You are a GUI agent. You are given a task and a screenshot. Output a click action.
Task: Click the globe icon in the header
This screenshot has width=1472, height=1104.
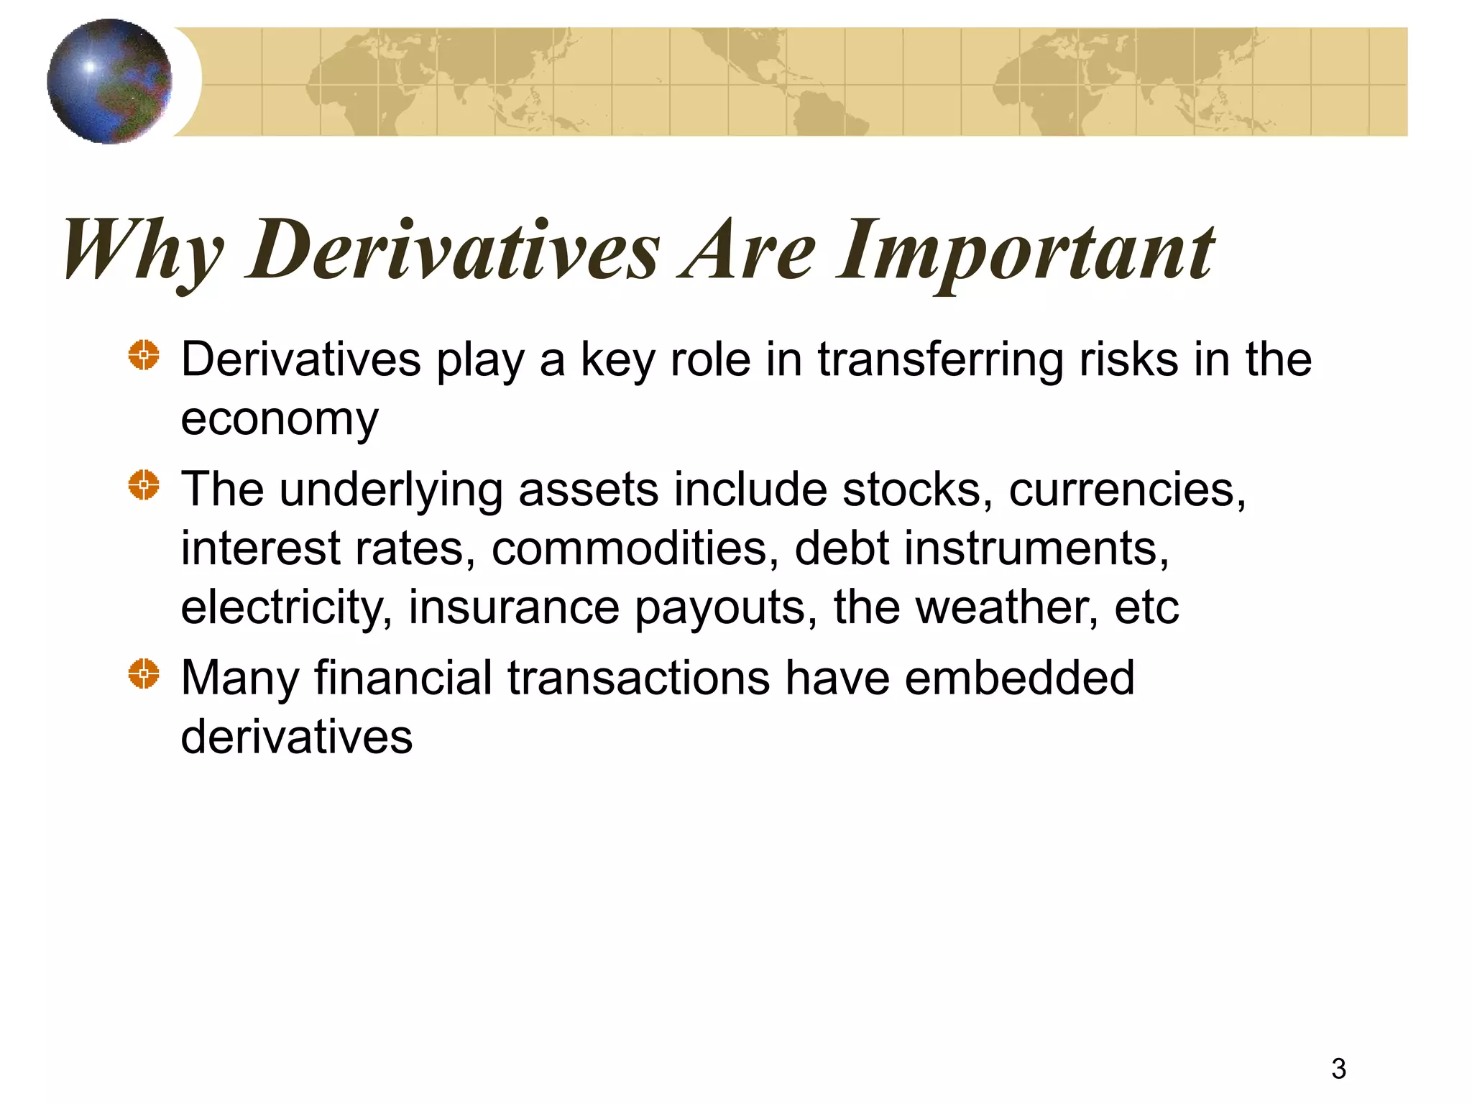[x=109, y=81]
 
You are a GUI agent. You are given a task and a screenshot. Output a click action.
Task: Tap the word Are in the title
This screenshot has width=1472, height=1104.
[x=749, y=250]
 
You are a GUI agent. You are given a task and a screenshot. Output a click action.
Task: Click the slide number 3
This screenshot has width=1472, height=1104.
[x=1338, y=1069]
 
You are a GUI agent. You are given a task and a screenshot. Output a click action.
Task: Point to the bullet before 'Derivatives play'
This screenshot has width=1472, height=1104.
[x=144, y=355]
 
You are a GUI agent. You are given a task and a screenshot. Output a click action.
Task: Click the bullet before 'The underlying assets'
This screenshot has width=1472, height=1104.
[x=144, y=485]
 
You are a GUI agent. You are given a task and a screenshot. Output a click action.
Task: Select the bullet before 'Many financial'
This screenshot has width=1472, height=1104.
[x=144, y=674]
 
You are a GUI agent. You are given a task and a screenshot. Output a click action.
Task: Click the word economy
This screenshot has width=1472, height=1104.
[x=279, y=420]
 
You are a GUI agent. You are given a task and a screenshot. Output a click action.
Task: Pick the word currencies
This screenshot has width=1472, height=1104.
[x=1127, y=490]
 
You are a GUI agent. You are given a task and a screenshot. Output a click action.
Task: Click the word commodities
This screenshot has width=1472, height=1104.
[x=635, y=549]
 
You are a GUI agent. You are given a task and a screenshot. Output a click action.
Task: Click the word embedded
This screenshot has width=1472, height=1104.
[x=1019, y=678]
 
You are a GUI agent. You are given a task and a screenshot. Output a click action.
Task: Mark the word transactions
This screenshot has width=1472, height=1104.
[x=638, y=678]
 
